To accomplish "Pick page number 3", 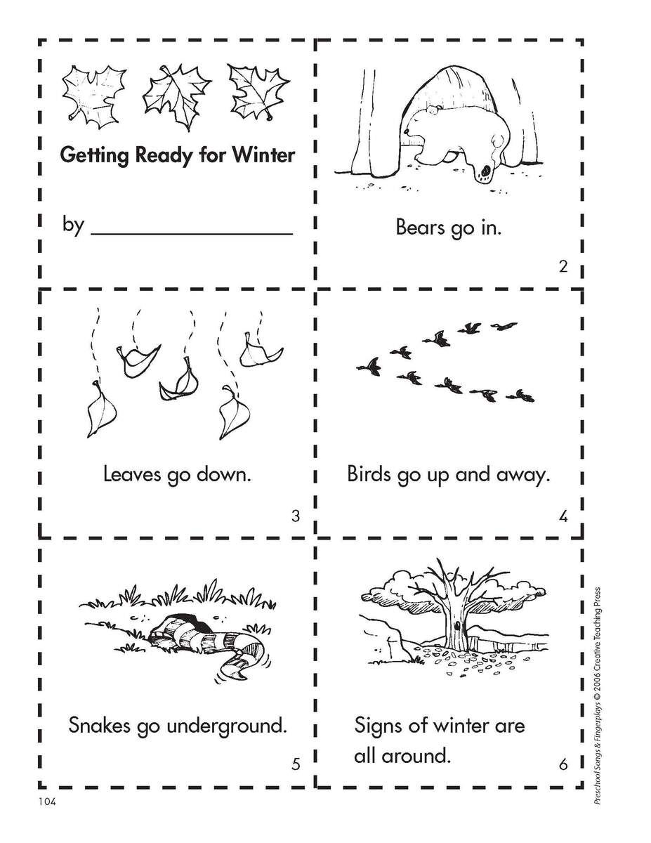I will (295, 516).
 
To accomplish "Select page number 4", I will (563, 517).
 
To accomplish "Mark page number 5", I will (295, 764).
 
